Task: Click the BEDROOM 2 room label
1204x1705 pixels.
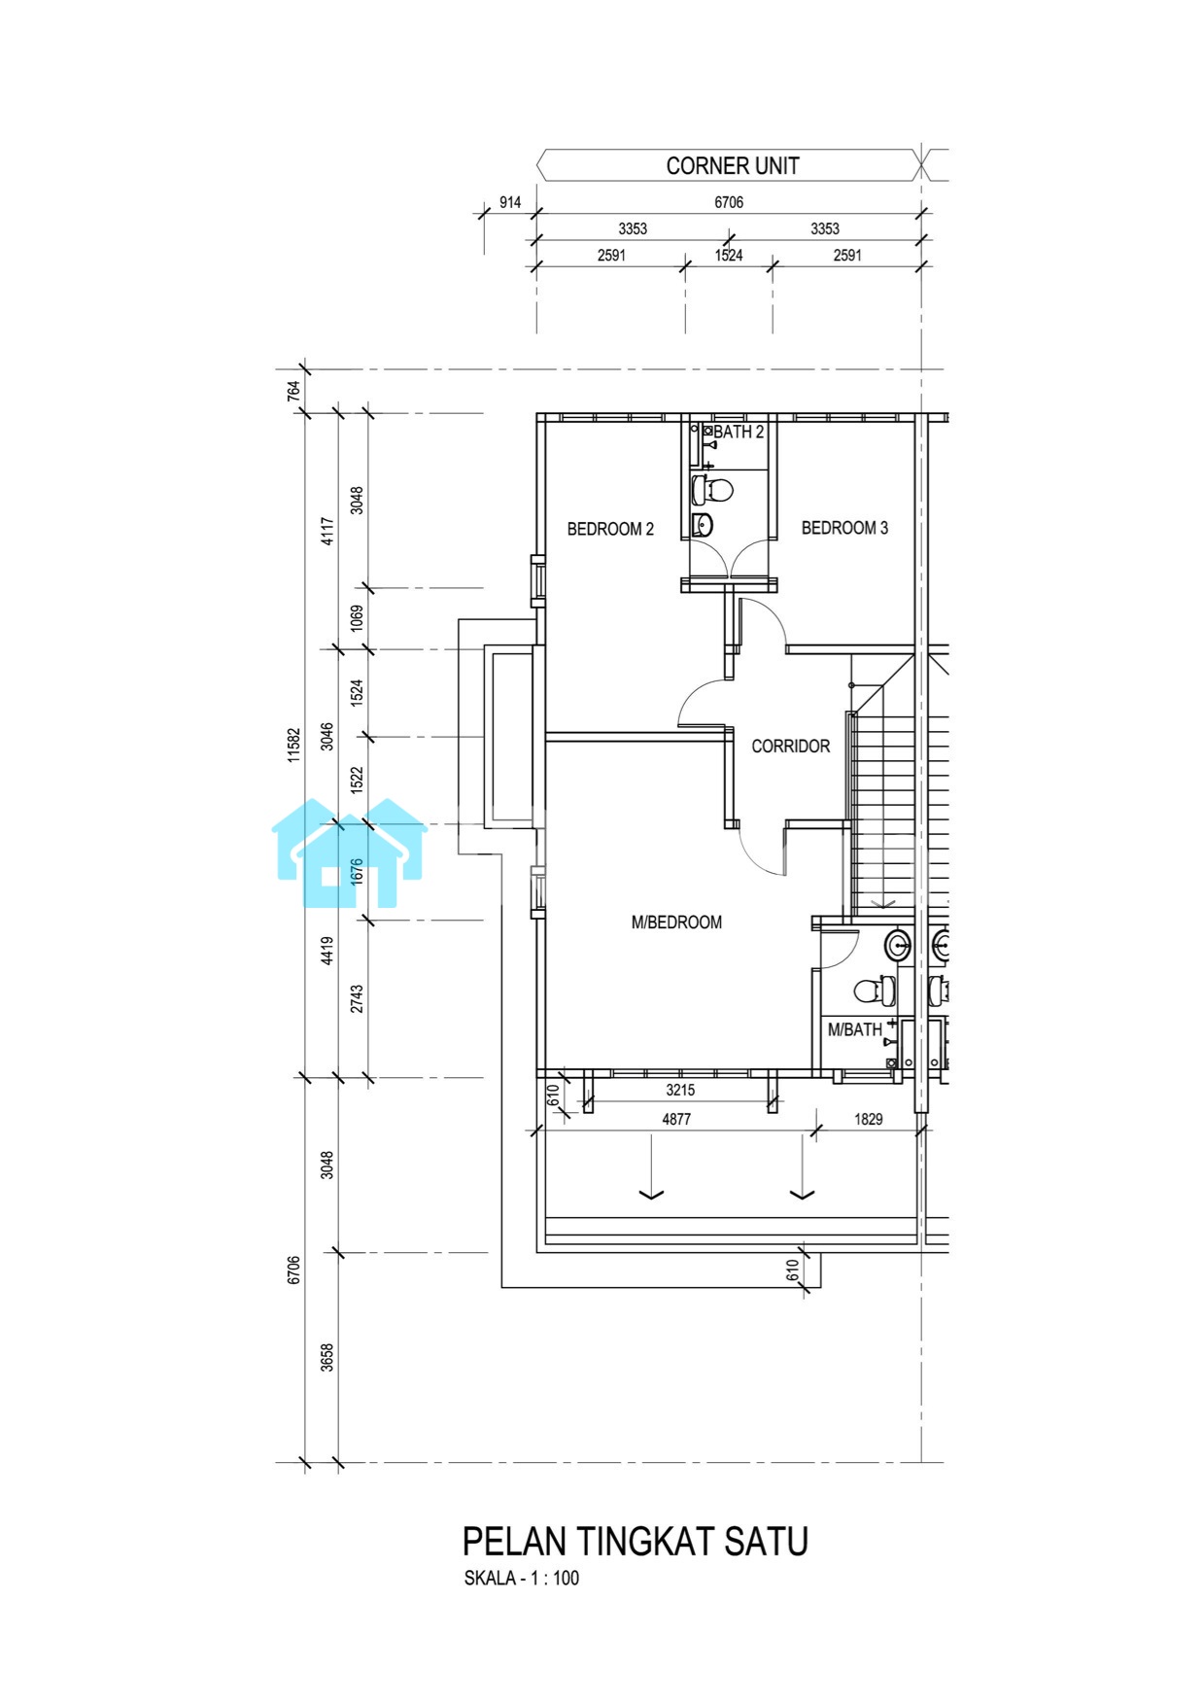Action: pos(610,529)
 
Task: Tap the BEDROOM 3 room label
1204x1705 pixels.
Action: pos(844,528)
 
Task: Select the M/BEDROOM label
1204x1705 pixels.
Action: pos(676,922)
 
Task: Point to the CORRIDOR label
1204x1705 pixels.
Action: pos(791,747)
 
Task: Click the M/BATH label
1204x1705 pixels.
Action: pos(855,1029)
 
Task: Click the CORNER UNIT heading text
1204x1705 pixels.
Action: pos(733,166)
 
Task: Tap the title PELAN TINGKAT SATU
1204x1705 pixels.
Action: pos(636,1542)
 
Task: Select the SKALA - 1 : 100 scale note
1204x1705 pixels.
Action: pos(522,1578)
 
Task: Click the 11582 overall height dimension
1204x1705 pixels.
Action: pos(294,745)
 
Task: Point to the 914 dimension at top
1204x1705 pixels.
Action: pos(510,202)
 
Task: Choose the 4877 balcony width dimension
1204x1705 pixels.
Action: pos(676,1119)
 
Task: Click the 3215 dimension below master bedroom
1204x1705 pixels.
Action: pos(680,1090)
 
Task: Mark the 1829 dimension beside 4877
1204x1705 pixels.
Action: pos(869,1119)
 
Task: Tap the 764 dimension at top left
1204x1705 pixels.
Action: pos(294,391)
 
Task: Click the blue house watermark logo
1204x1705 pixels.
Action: pos(349,853)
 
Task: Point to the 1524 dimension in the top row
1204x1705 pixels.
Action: pos(729,256)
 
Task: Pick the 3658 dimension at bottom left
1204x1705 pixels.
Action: pos(327,1358)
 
